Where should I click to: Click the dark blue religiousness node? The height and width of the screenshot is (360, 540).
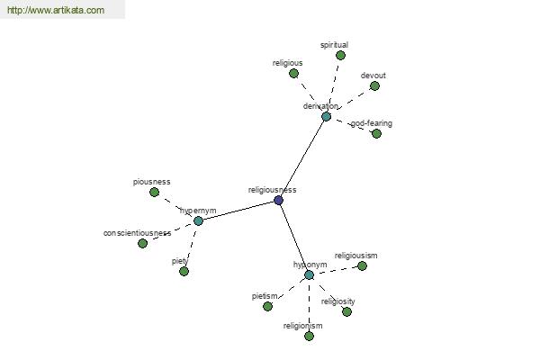coord(279,200)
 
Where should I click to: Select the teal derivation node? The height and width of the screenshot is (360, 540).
coord(326,116)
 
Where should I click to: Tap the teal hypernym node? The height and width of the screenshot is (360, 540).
coord(198,220)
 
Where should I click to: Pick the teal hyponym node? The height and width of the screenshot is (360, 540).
coord(310,274)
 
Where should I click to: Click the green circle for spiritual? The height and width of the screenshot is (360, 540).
coord(340,55)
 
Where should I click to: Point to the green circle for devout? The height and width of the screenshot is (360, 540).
coord(374,85)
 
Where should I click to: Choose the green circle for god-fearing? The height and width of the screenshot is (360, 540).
coord(376,133)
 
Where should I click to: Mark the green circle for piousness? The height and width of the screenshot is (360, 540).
coord(154,193)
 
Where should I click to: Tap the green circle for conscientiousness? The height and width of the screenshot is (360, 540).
coord(142,244)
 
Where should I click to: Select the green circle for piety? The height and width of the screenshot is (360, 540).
coord(184,272)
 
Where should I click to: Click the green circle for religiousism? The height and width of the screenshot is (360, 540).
coord(362,266)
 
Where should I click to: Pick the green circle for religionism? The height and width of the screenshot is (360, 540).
coord(310,336)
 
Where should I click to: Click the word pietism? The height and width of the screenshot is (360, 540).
coord(265,296)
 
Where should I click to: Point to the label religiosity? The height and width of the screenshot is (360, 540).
coord(337,301)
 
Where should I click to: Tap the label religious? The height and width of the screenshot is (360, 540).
coord(288,63)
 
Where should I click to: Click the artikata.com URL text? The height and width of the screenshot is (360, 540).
coord(56,10)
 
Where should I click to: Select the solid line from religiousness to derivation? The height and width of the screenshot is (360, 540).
coord(302,158)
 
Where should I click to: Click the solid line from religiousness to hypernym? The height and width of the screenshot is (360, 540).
coord(238,211)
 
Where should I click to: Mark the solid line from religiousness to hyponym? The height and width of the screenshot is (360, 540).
coord(293,238)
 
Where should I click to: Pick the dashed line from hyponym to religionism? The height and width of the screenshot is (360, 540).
coord(310,306)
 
